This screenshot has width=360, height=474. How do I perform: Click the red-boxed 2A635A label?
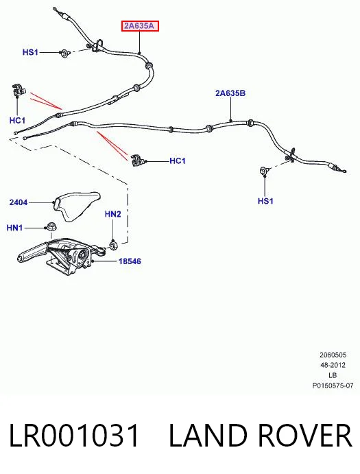click(140, 26)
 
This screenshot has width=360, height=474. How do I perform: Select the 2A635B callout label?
click(230, 93)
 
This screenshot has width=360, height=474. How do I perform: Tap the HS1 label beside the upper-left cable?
click(30, 52)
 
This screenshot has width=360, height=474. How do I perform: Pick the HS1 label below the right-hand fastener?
click(265, 201)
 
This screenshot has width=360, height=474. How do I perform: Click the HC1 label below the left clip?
click(17, 121)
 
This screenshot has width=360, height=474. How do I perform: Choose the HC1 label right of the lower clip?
click(178, 161)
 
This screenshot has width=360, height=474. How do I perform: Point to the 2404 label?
click(18, 202)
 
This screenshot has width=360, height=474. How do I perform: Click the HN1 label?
click(14, 228)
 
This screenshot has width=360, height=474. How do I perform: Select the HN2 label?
click(112, 214)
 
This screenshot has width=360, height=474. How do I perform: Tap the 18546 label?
click(130, 261)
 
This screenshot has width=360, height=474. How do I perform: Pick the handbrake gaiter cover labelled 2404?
click(76, 206)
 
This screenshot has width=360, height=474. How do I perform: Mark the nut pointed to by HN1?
click(51, 226)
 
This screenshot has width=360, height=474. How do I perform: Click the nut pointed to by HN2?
click(113, 245)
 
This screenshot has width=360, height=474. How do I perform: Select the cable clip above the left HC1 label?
click(19, 91)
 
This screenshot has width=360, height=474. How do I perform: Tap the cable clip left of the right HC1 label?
click(139, 161)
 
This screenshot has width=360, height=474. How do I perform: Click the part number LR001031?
click(74, 436)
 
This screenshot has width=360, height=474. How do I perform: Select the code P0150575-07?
click(333, 386)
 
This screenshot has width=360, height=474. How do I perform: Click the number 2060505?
click(333, 355)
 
